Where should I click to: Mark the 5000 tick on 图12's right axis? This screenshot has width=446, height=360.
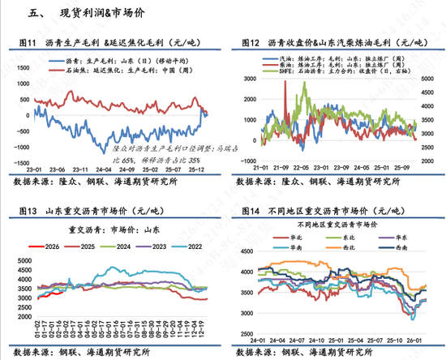click(x=429, y=59)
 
